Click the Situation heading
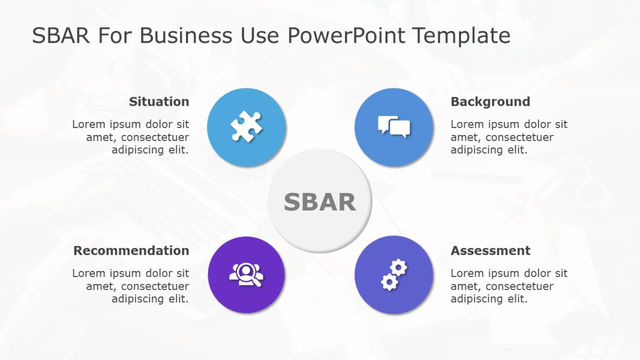[x=159, y=102]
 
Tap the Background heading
[x=490, y=102]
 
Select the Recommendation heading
[x=131, y=251]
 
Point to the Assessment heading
[x=490, y=251]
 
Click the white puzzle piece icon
[x=246, y=126]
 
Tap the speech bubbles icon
[x=394, y=126]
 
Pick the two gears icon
[x=394, y=275]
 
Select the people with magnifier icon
[x=246, y=275]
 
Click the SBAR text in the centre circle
[x=319, y=202]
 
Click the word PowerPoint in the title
[x=345, y=36]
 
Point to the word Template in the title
[x=461, y=36]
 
